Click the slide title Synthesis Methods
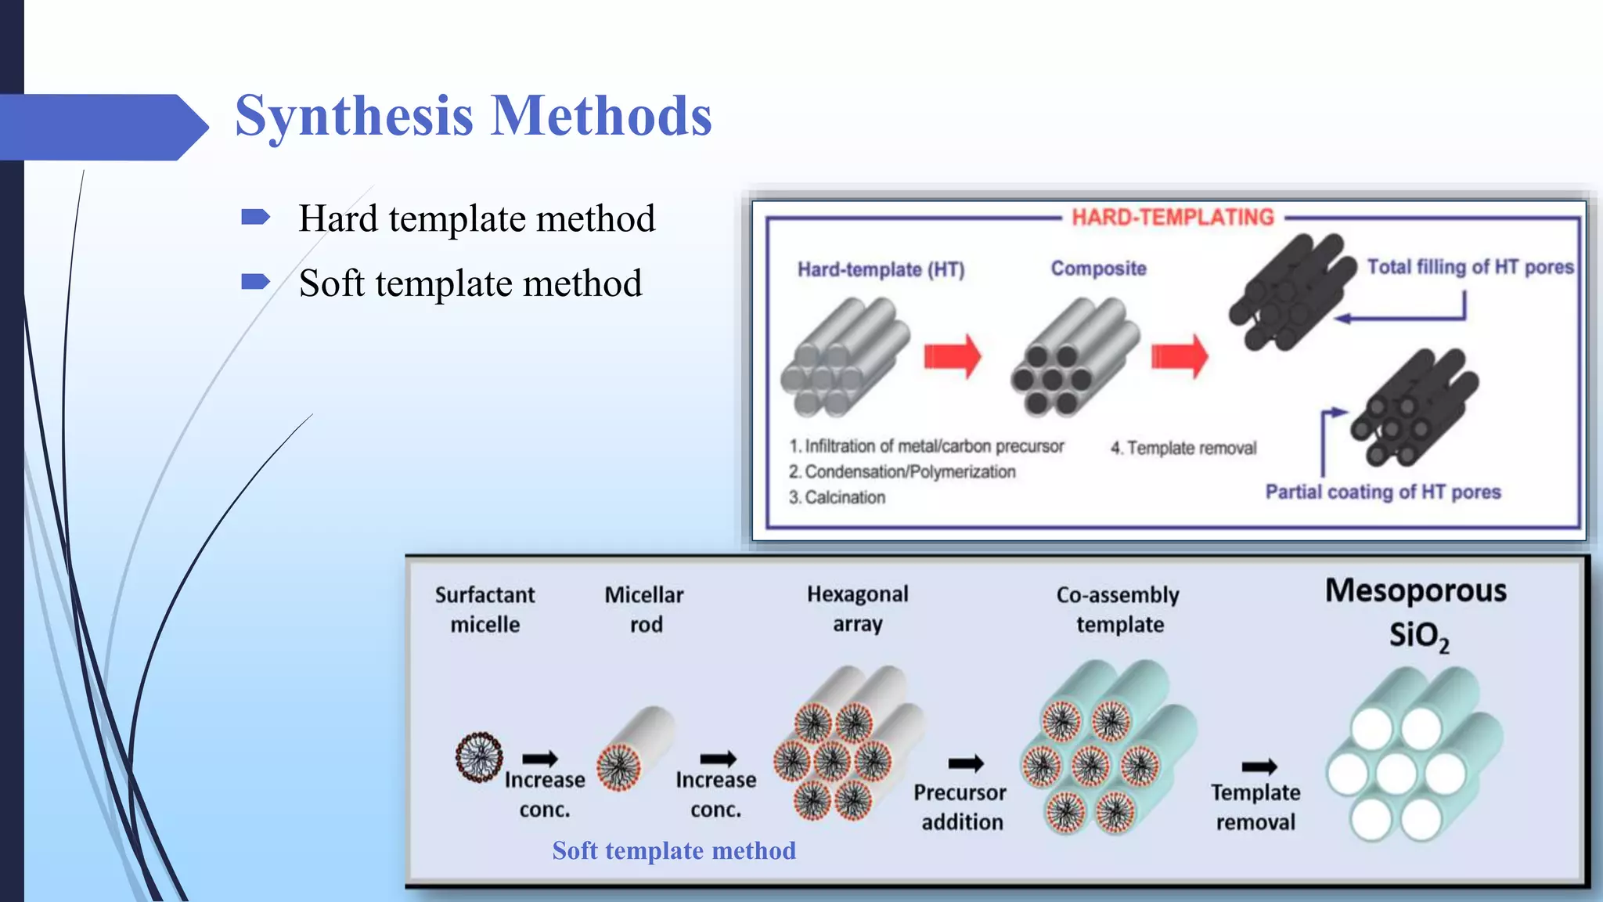[473, 116]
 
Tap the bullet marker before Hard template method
[255, 217]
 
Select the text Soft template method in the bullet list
[470, 283]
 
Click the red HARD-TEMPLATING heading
[1173, 217]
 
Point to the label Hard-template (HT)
[881, 269]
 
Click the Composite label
[1098, 269]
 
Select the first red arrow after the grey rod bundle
[952, 356]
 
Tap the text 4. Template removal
[1183, 448]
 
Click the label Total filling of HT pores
[1470, 267]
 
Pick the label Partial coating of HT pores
[1383, 492]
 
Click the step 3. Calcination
[837, 497]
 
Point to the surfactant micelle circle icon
[479, 757]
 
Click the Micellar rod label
[644, 609]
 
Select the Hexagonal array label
[858, 608]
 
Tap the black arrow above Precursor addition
[966, 763]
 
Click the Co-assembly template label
[1118, 609]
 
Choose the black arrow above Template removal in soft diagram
[1259, 766]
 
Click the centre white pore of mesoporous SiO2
[1396, 774]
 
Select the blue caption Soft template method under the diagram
[673, 850]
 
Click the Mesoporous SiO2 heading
[1416, 612]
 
